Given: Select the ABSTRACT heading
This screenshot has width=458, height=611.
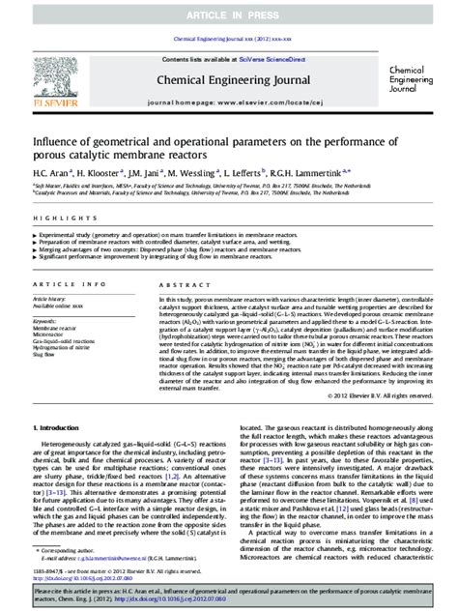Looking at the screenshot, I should pos(177,285).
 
